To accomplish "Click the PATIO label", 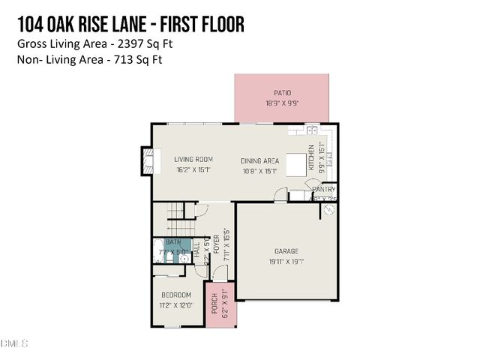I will (282, 93).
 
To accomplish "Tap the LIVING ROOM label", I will (193, 159).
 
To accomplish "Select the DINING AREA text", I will (259, 160).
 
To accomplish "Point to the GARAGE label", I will (286, 251).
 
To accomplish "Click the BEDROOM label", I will (177, 295).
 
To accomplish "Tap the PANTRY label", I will (323, 190).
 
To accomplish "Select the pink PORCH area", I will (223, 304).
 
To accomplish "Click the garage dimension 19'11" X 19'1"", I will (286, 262).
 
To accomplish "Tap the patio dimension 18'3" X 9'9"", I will (282, 103).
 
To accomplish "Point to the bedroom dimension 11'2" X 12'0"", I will (177, 304).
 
